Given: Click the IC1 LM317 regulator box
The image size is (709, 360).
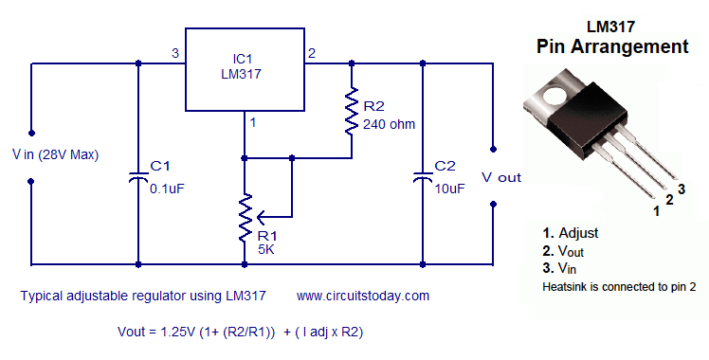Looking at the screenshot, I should [244, 69].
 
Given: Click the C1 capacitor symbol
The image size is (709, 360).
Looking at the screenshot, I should [139, 176].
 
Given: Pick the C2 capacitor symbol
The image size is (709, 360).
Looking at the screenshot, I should [422, 176].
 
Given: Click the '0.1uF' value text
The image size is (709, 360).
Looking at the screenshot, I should [167, 188].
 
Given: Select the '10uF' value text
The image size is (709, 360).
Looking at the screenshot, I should [449, 188].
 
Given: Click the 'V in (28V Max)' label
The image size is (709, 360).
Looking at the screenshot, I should [56, 154].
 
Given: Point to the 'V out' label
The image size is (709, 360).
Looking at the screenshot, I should [501, 177].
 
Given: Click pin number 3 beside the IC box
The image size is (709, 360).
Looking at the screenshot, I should [174, 53].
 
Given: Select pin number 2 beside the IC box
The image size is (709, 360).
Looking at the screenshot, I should [313, 53].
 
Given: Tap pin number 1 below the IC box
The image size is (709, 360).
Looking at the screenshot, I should [253, 121].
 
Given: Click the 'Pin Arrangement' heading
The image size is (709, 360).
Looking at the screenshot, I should [611, 45].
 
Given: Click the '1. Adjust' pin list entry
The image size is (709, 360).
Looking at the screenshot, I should [571, 232].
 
